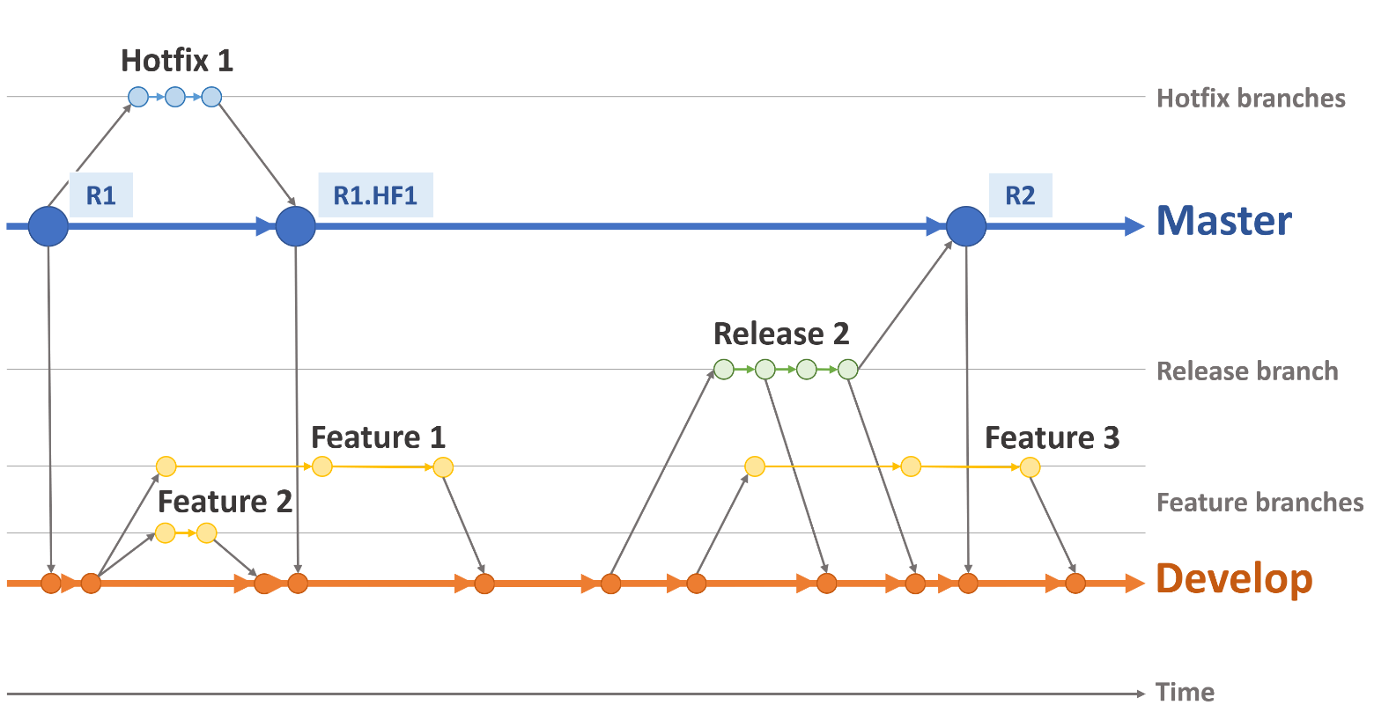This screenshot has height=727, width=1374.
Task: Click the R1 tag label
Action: (x=100, y=195)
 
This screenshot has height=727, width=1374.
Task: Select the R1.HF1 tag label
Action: (x=375, y=195)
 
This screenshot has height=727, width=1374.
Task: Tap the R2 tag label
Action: (x=1020, y=195)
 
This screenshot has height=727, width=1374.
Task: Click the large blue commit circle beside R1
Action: (x=48, y=226)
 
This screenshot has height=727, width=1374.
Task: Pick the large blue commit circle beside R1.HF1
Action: (x=295, y=226)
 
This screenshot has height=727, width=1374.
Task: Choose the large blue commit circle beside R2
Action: (x=966, y=226)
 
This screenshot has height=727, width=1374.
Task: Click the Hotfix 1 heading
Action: (x=177, y=61)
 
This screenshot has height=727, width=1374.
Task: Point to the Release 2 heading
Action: (x=781, y=334)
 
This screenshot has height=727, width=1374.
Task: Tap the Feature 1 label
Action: (x=378, y=437)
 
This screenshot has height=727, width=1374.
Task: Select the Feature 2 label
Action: (x=225, y=502)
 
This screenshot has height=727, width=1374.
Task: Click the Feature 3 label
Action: (x=1052, y=437)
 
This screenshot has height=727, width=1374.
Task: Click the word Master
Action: (x=1223, y=221)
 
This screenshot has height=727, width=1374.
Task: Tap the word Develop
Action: (x=1234, y=579)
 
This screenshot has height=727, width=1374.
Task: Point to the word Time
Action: (x=1185, y=693)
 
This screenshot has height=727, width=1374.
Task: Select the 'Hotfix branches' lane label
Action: (x=1251, y=98)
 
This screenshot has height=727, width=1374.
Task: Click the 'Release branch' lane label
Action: (x=1247, y=371)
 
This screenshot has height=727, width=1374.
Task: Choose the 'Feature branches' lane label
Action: (x=1259, y=503)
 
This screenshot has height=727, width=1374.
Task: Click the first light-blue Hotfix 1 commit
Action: (x=138, y=97)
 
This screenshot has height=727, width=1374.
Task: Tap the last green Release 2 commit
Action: (x=847, y=370)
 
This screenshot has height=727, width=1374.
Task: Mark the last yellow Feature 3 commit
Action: (x=1030, y=466)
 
